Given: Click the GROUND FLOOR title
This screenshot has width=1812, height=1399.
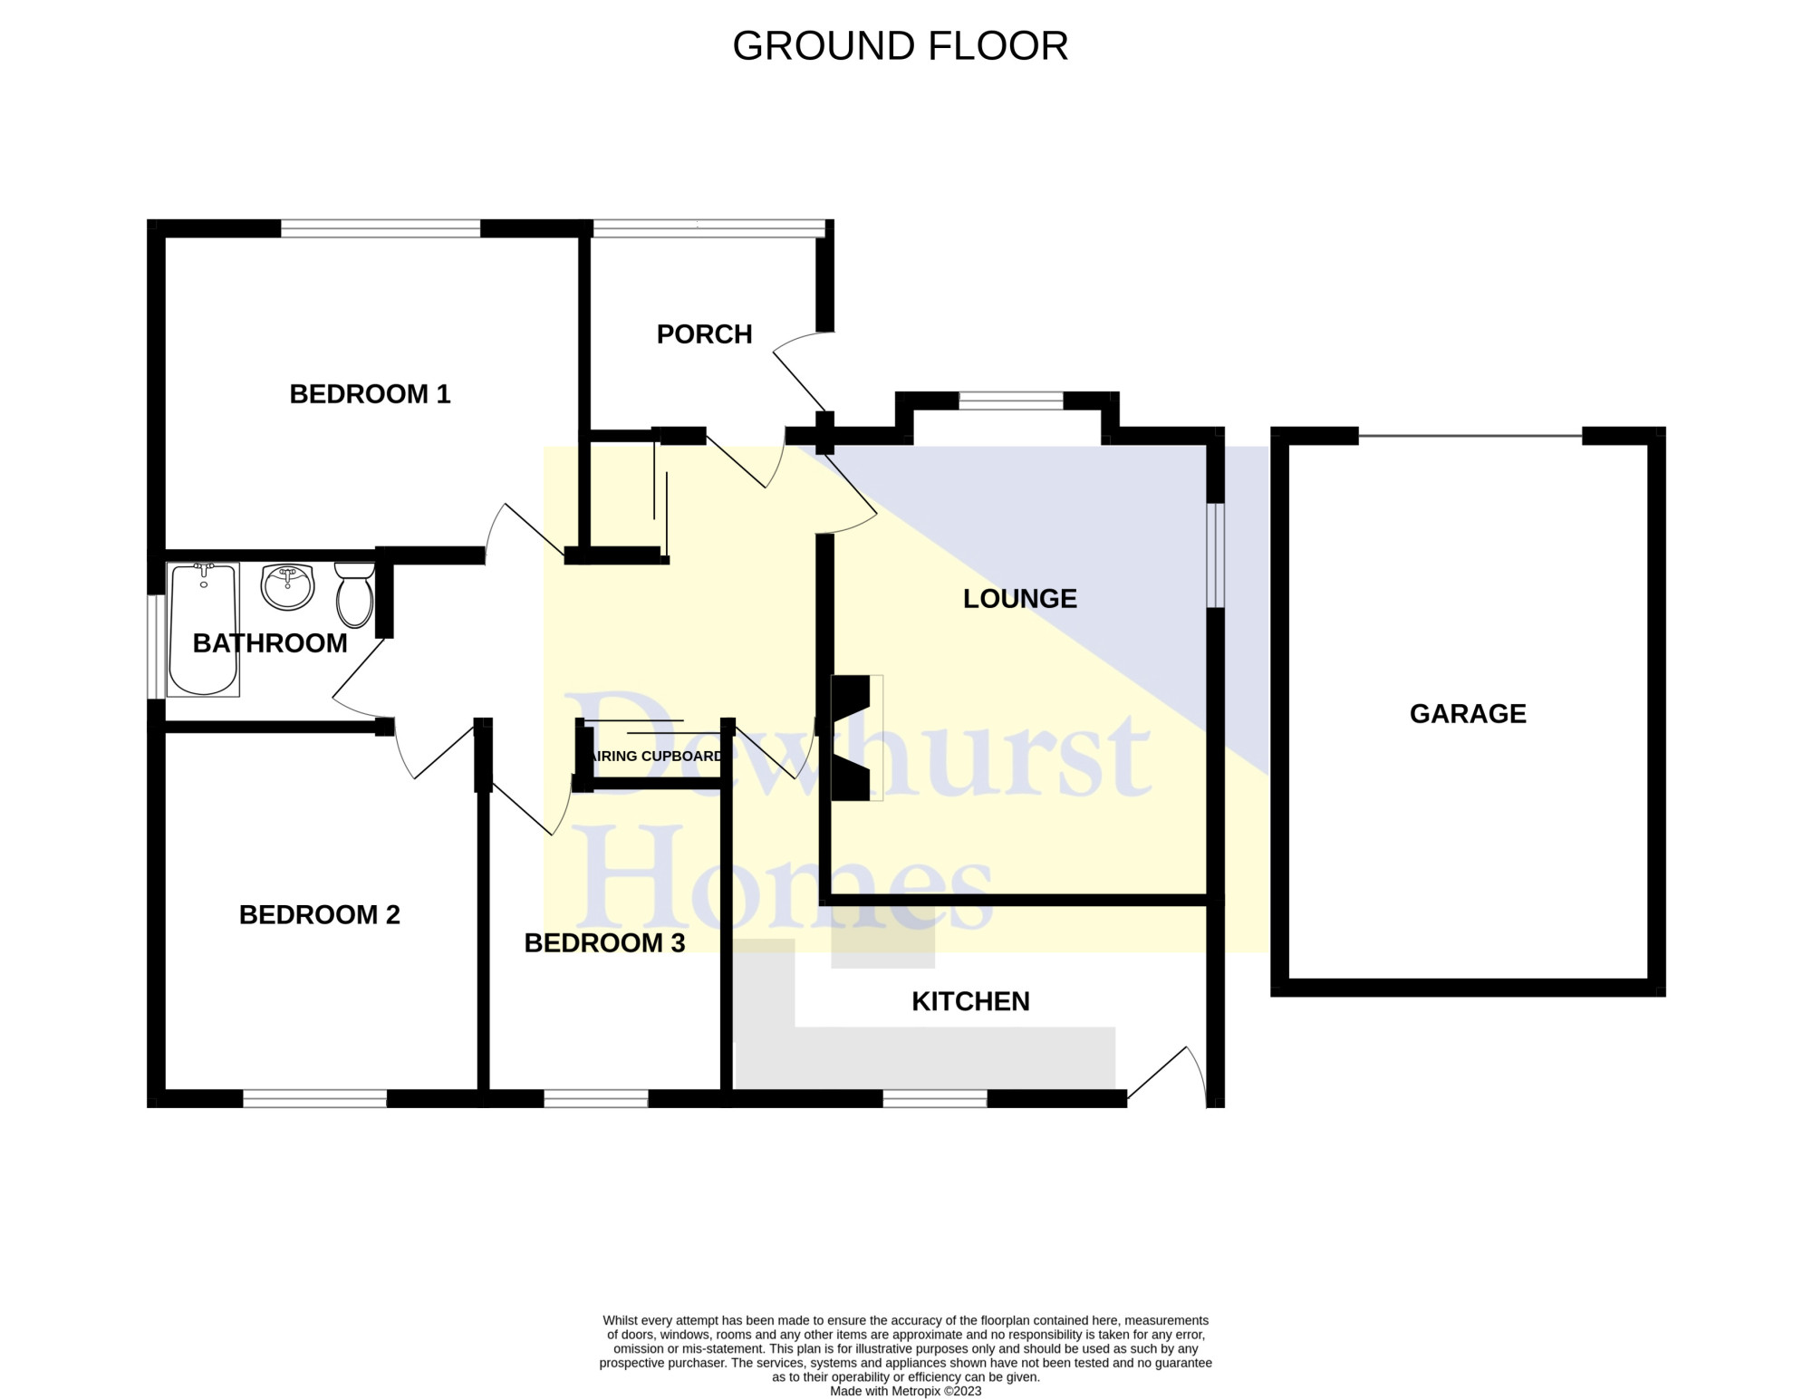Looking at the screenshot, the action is tap(901, 46).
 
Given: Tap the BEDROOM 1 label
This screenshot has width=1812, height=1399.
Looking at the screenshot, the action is tap(370, 394).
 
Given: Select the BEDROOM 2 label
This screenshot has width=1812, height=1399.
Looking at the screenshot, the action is tap(319, 915).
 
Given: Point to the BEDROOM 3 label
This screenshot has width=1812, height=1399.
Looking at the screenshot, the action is tap(604, 943).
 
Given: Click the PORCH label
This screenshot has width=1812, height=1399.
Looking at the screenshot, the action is tap(705, 334).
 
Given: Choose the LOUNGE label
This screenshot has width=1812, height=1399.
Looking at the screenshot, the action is tap(1020, 599).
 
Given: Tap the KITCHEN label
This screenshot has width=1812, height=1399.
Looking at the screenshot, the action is tap(970, 1001).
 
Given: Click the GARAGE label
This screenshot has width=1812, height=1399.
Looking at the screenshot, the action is tap(1468, 714).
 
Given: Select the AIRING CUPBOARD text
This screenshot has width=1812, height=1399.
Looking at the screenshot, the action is tap(657, 757).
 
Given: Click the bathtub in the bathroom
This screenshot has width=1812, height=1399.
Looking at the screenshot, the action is tap(204, 629).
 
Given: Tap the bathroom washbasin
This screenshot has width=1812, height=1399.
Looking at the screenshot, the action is tap(287, 586).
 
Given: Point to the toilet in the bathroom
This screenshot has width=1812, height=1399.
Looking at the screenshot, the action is tap(354, 594).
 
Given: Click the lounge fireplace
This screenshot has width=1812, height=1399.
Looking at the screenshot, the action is tap(853, 738).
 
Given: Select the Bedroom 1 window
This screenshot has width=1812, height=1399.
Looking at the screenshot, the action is tap(381, 228).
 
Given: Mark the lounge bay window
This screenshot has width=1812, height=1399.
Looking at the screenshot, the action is tap(1011, 400).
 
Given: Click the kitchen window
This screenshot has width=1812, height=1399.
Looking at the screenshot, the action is tap(935, 1098).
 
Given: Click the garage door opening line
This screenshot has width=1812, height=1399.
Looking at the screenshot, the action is tap(1470, 436).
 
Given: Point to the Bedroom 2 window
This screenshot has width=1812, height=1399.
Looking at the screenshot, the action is tap(315, 1098).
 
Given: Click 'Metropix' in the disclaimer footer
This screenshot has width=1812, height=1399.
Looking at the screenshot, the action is tap(917, 1391).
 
